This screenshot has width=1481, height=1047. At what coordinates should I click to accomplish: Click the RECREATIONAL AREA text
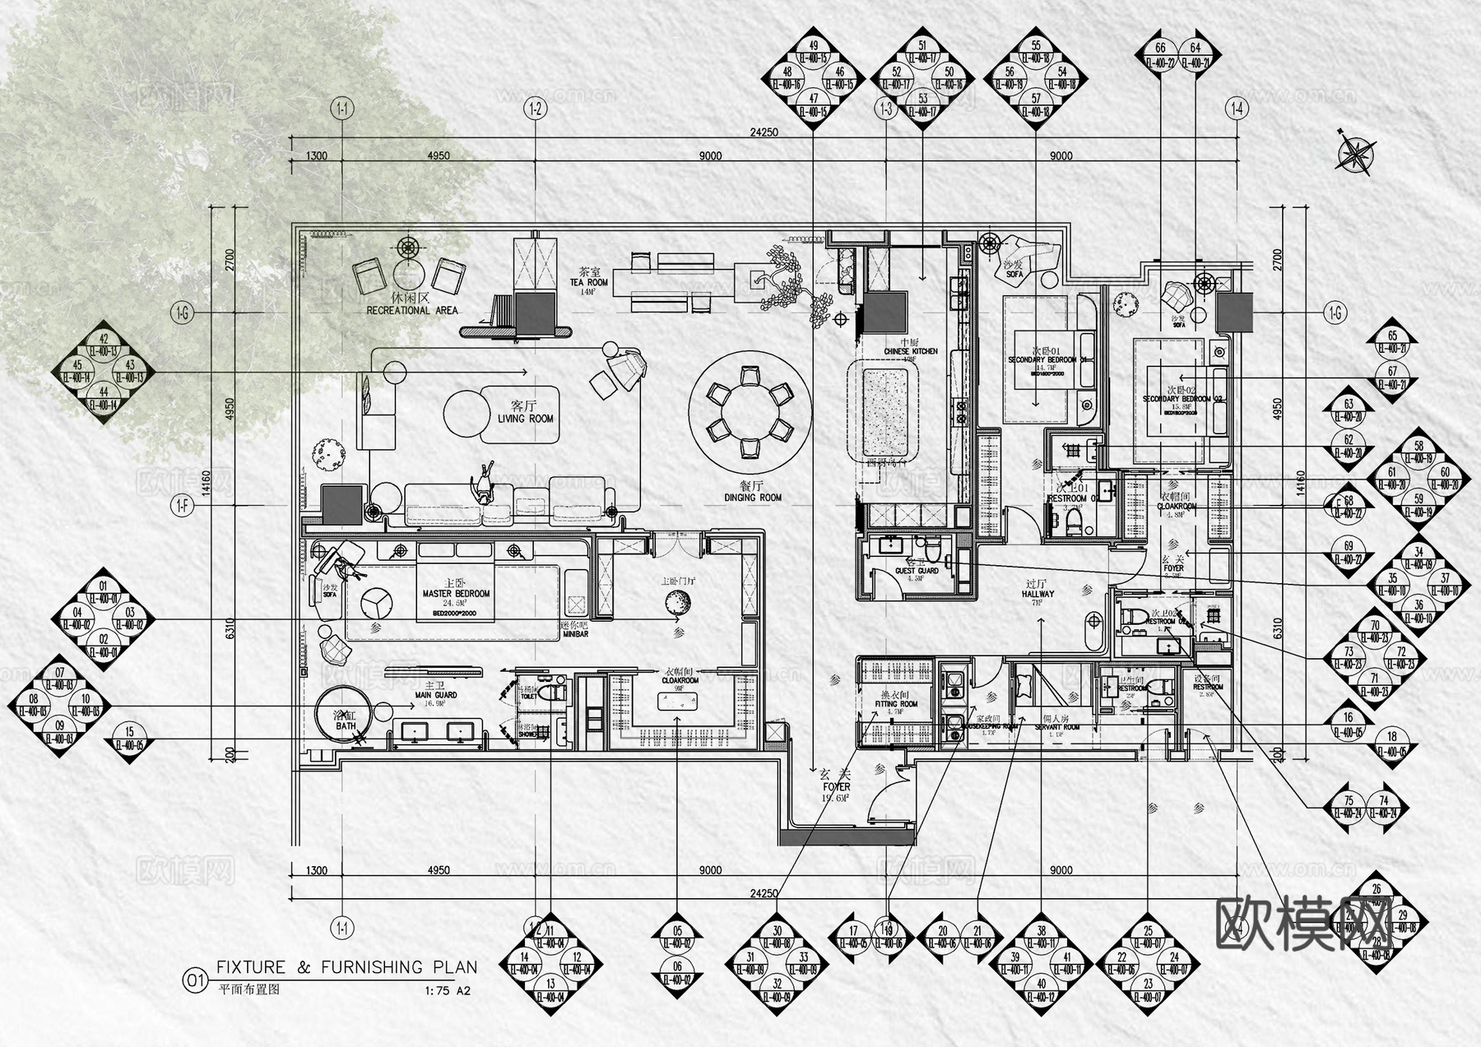click(412, 311)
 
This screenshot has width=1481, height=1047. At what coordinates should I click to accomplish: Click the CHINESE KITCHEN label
click(910, 351)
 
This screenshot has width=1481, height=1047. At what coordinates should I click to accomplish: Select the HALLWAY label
click(1038, 593)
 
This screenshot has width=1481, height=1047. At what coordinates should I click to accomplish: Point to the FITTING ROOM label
click(896, 704)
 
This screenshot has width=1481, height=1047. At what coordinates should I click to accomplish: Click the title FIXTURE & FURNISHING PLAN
click(346, 968)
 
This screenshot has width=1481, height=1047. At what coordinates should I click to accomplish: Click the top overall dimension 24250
click(764, 132)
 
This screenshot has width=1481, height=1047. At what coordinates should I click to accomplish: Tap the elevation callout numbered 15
click(128, 739)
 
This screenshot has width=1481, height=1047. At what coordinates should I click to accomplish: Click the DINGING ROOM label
click(753, 498)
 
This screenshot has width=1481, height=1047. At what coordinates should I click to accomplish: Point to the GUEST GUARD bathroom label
click(917, 571)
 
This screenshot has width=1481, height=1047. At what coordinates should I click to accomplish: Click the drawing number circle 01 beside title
click(195, 980)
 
